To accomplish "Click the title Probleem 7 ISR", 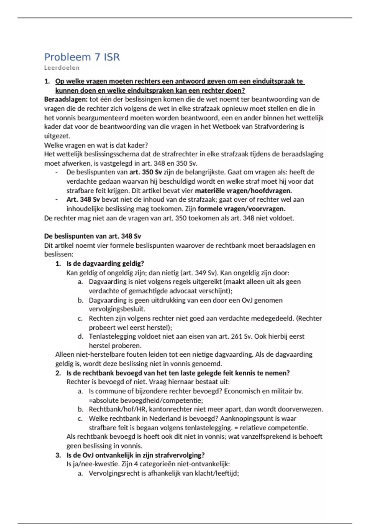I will [x=82, y=57].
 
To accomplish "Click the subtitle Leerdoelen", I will [x=62, y=68].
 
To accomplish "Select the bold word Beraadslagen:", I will [x=66, y=99].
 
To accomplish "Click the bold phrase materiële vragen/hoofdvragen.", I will [x=243, y=190].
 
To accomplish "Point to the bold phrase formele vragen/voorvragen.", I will [x=241, y=209].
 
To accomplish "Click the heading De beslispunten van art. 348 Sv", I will [x=92, y=236].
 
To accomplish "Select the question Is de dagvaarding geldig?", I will [x=105, y=264].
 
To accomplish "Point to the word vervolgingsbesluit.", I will [x=117, y=309].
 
